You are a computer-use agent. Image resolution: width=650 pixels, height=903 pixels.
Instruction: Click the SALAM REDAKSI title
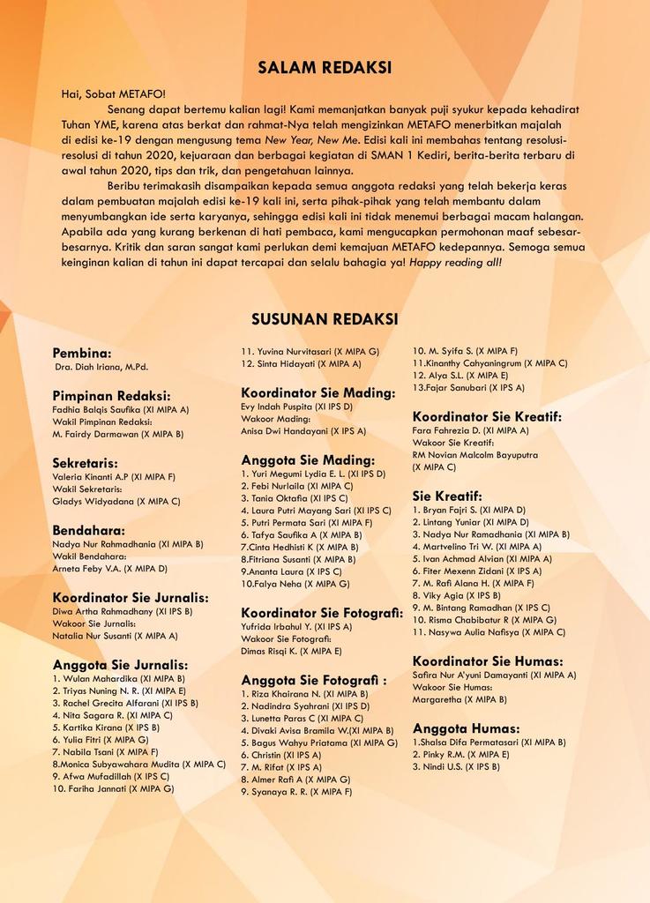pos(325,67)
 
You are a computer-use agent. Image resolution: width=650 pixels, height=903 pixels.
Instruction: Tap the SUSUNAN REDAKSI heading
pos(325,318)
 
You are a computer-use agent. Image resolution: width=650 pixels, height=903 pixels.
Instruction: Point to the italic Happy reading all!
pos(455,262)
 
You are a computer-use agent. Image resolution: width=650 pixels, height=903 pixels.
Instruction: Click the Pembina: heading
pos(82,352)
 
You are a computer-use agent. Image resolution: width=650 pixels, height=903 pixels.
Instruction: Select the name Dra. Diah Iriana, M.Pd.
pos(101,367)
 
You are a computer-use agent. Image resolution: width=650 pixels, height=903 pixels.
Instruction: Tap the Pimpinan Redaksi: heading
pos(111,395)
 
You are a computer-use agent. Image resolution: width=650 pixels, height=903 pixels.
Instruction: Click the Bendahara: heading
pos(88,530)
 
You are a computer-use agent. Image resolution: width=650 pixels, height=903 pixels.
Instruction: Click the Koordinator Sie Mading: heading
pos(318,392)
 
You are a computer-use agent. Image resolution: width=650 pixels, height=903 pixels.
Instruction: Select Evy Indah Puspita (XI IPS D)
pos(296,407)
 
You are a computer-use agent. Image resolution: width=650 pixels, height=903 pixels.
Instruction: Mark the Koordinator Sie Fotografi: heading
pos(322,612)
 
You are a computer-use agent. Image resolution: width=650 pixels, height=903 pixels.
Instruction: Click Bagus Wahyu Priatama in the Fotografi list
pos(318,743)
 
